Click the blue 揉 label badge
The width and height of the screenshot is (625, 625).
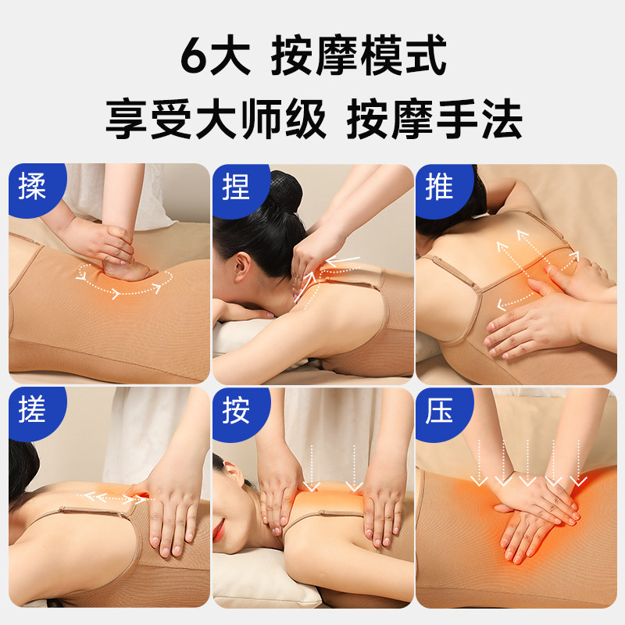click(32, 188)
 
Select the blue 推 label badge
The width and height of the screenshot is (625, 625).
click(439, 188)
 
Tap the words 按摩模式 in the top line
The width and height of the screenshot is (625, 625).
click(359, 57)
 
